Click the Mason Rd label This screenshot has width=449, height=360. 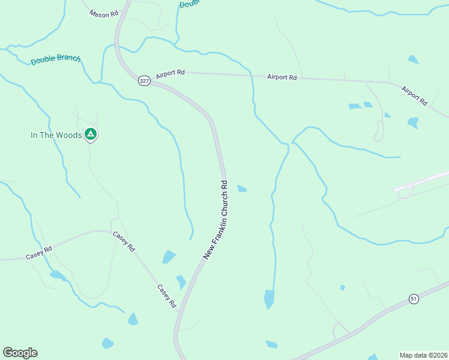[x=104, y=13]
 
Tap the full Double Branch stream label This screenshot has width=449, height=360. [x=55, y=59]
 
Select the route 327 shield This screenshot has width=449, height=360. [x=143, y=81]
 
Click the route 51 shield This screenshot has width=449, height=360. [x=413, y=298]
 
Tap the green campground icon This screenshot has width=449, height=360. [x=90, y=134]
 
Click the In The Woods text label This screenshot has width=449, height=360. [x=56, y=135]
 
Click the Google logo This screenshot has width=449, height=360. [x=20, y=353]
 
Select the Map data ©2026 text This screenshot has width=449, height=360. [x=423, y=355]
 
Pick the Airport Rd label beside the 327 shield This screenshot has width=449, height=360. [x=170, y=73]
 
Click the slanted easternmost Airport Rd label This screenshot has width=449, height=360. [x=414, y=97]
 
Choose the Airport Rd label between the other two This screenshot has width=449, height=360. [x=282, y=77]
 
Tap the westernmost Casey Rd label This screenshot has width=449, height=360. [x=39, y=253]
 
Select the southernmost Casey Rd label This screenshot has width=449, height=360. [x=166, y=296]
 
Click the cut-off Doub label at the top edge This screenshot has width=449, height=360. [x=189, y=4]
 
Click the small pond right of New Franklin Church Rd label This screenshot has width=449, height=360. [x=242, y=189]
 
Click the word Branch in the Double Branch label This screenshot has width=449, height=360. [x=68, y=59]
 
